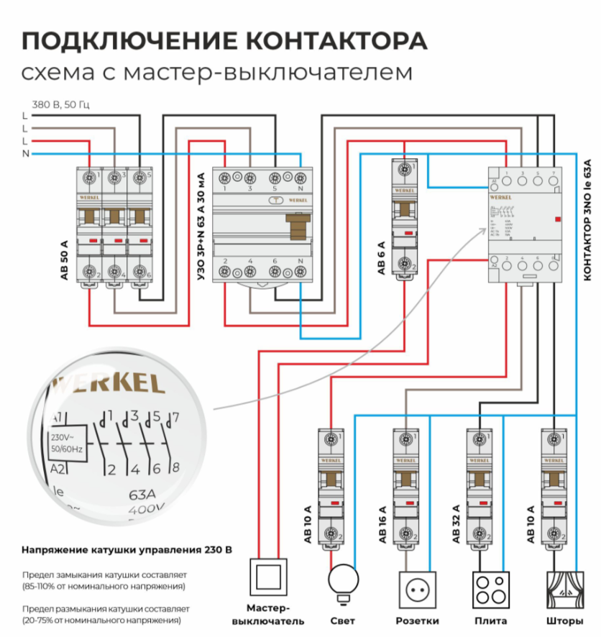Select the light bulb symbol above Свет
[x=343, y=579]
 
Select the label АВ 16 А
[x=382, y=524]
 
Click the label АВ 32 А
[x=457, y=524]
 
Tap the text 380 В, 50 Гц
[x=60, y=104]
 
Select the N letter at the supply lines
[x=25, y=154]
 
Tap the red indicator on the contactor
[x=557, y=220]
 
